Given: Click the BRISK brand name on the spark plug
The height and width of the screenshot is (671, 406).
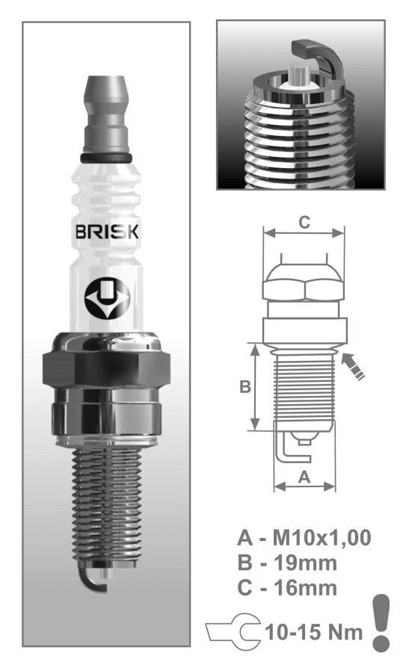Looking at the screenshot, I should [106, 232].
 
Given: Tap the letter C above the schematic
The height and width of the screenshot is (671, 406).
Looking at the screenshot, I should [304, 222].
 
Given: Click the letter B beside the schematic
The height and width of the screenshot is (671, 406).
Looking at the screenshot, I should [244, 387].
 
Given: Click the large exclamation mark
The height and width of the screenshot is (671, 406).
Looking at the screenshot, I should [381, 619].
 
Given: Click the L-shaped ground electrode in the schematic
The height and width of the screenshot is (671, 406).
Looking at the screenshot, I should [284, 448].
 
